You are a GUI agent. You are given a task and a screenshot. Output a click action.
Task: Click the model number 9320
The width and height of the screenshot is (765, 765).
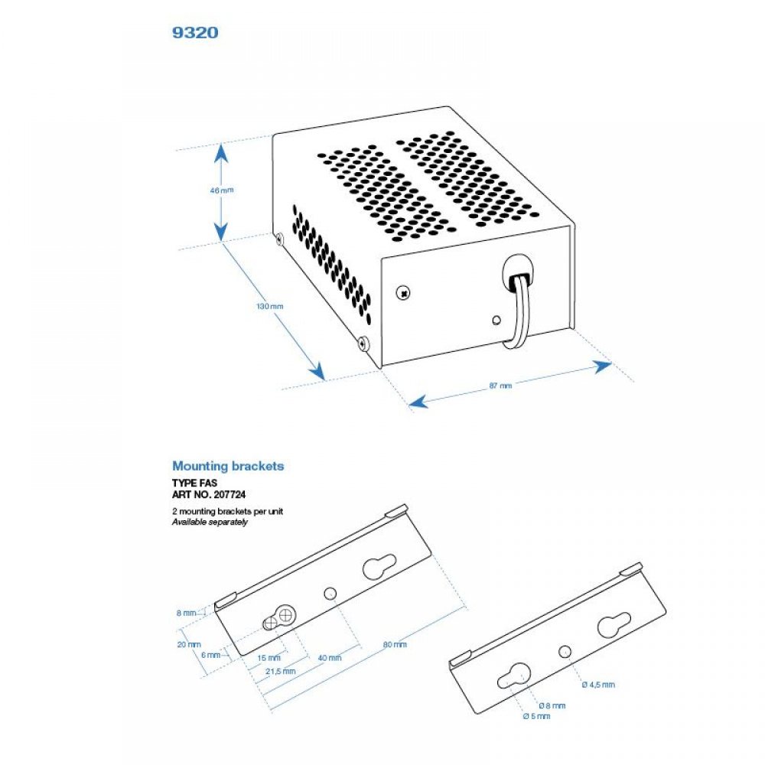pyautogui.click(x=197, y=33)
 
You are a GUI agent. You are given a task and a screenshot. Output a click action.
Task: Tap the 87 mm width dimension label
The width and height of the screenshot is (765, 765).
pyautogui.click(x=500, y=386)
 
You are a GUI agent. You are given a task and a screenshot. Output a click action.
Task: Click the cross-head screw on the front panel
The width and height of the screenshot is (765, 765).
pyautogui.click(x=402, y=291)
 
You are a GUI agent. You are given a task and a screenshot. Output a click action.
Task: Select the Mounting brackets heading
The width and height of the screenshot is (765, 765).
pyautogui.click(x=228, y=465)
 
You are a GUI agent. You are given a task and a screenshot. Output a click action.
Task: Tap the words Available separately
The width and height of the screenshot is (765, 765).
pyautogui.click(x=210, y=522)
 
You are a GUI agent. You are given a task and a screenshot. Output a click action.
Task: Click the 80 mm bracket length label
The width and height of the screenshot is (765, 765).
pyautogui.click(x=396, y=645)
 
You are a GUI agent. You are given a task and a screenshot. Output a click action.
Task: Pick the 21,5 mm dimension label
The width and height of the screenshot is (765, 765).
pyautogui.click(x=280, y=671)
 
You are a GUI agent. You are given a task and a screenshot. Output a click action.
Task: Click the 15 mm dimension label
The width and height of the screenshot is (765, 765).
pyautogui.click(x=269, y=657)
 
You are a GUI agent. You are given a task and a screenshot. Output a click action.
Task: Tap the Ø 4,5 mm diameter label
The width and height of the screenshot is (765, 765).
pyautogui.click(x=598, y=685)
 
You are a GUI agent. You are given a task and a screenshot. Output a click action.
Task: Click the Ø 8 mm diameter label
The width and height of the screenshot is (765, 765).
pyautogui.click(x=552, y=705)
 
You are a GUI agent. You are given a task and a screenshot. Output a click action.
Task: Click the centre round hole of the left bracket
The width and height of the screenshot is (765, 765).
pyautogui.click(x=330, y=593)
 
